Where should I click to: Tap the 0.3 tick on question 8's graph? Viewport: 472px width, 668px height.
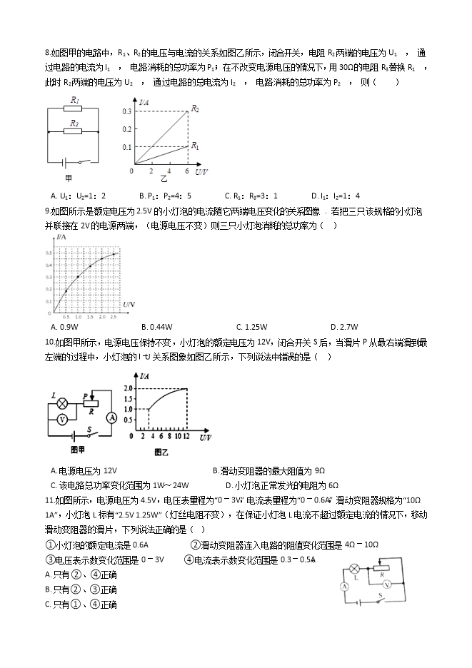tap(127, 112)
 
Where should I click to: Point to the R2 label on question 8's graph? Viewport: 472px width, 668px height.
tap(194, 109)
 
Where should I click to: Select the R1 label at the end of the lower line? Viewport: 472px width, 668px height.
tap(194, 145)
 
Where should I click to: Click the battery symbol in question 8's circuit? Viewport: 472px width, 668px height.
tap(66, 162)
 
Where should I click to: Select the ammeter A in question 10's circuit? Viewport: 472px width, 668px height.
tap(111, 417)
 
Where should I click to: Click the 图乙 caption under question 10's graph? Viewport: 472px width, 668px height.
tap(162, 450)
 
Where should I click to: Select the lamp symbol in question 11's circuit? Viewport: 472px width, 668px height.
tap(353, 570)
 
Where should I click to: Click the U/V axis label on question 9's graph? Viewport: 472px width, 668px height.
tap(129, 305)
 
